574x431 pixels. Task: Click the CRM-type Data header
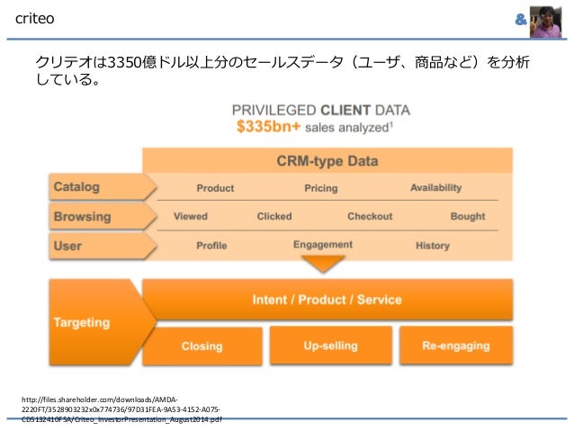coord(327,162)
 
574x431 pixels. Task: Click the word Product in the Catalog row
coord(215,188)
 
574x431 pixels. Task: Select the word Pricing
coord(320,188)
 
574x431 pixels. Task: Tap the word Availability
coord(435,187)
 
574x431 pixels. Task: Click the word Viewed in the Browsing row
coord(190,216)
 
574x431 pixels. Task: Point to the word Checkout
coord(370,216)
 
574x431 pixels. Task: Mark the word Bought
coord(468,216)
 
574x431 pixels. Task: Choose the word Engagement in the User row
coord(322,245)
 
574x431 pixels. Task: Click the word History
coord(432,246)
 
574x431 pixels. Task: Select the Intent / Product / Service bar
coord(327,299)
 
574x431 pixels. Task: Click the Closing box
coord(202,346)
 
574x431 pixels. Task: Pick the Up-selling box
coord(330,346)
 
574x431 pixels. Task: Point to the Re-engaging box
coord(456,346)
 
